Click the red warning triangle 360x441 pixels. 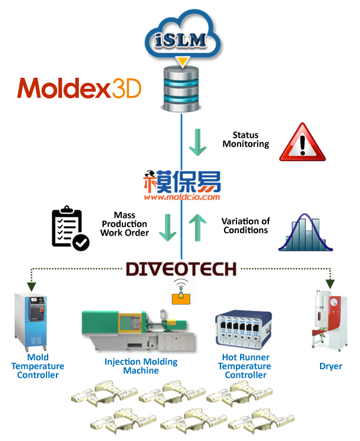[x=302, y=143]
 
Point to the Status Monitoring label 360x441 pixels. [x=242, y=140]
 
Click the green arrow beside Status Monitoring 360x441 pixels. [x=198, y=142]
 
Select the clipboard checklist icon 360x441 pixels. [x=69, y=228]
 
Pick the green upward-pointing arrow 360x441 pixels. [x=198, y=227]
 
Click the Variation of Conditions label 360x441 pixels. [x=245, y=226]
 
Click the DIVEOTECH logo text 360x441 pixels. [x=181, y=269]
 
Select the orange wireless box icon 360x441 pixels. [x=181, y=293]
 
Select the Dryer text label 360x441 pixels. [x=331, y=366]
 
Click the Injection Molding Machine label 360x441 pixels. [x=141, y=366]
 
